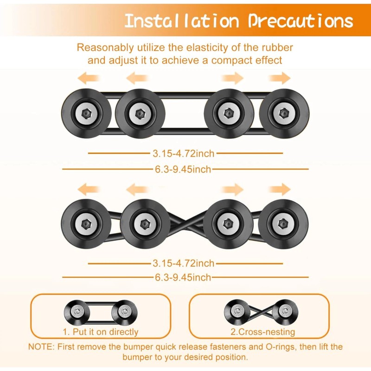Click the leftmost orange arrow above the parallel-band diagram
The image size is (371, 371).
click(x=88, y=78)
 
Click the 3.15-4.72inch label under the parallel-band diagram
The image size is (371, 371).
click(x=184, y=153)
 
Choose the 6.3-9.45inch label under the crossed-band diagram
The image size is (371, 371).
click(x=184, y=277)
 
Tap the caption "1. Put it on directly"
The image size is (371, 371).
click(x=101, y=332)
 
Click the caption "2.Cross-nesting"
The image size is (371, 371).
click(x=263, y=332)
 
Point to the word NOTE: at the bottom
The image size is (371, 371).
click(x=41, y=347)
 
